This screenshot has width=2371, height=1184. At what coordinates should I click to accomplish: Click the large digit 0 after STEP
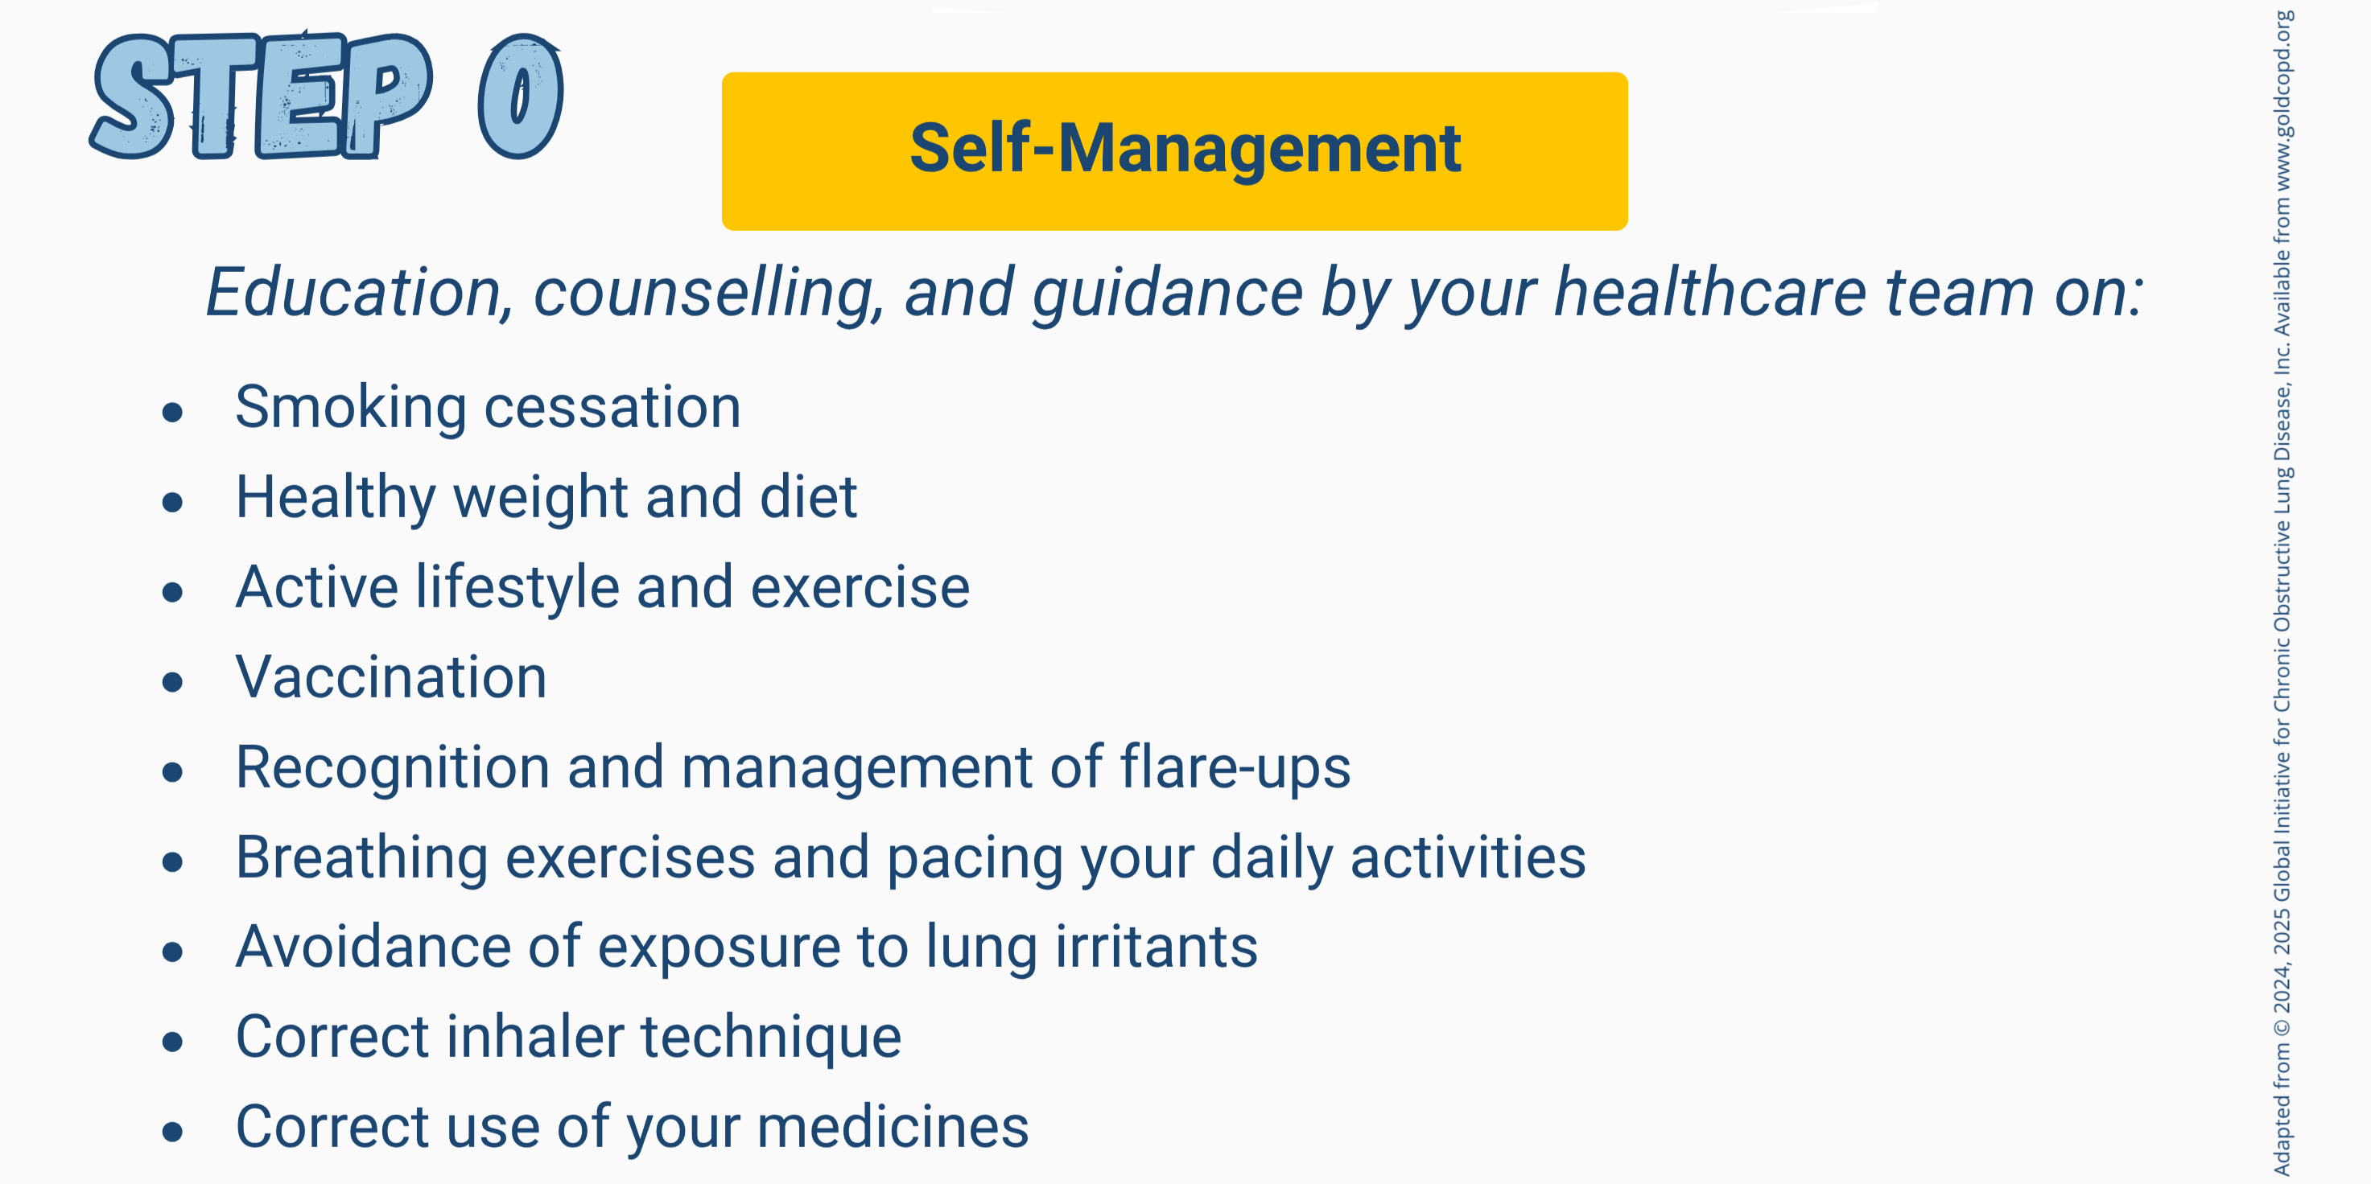(521, 96)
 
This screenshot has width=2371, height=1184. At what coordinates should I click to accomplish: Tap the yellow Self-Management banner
(1174, 151)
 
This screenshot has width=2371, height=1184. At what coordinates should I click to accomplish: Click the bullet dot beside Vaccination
(172, 682)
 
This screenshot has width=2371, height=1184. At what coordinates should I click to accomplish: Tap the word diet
(808, 497)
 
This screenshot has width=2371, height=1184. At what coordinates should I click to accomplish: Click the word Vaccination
(391, 678)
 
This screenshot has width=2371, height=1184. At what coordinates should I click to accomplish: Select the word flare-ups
(1235, 768)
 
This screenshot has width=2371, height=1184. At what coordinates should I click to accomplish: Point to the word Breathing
(361, 858)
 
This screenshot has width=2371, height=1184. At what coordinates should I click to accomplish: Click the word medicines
(893, 1127)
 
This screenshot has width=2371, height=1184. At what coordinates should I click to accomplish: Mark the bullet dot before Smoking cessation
(172, 412)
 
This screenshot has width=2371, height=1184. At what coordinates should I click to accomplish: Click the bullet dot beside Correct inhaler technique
(172, 1042)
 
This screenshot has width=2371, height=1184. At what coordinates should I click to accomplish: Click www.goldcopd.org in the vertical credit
(2282, 87)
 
